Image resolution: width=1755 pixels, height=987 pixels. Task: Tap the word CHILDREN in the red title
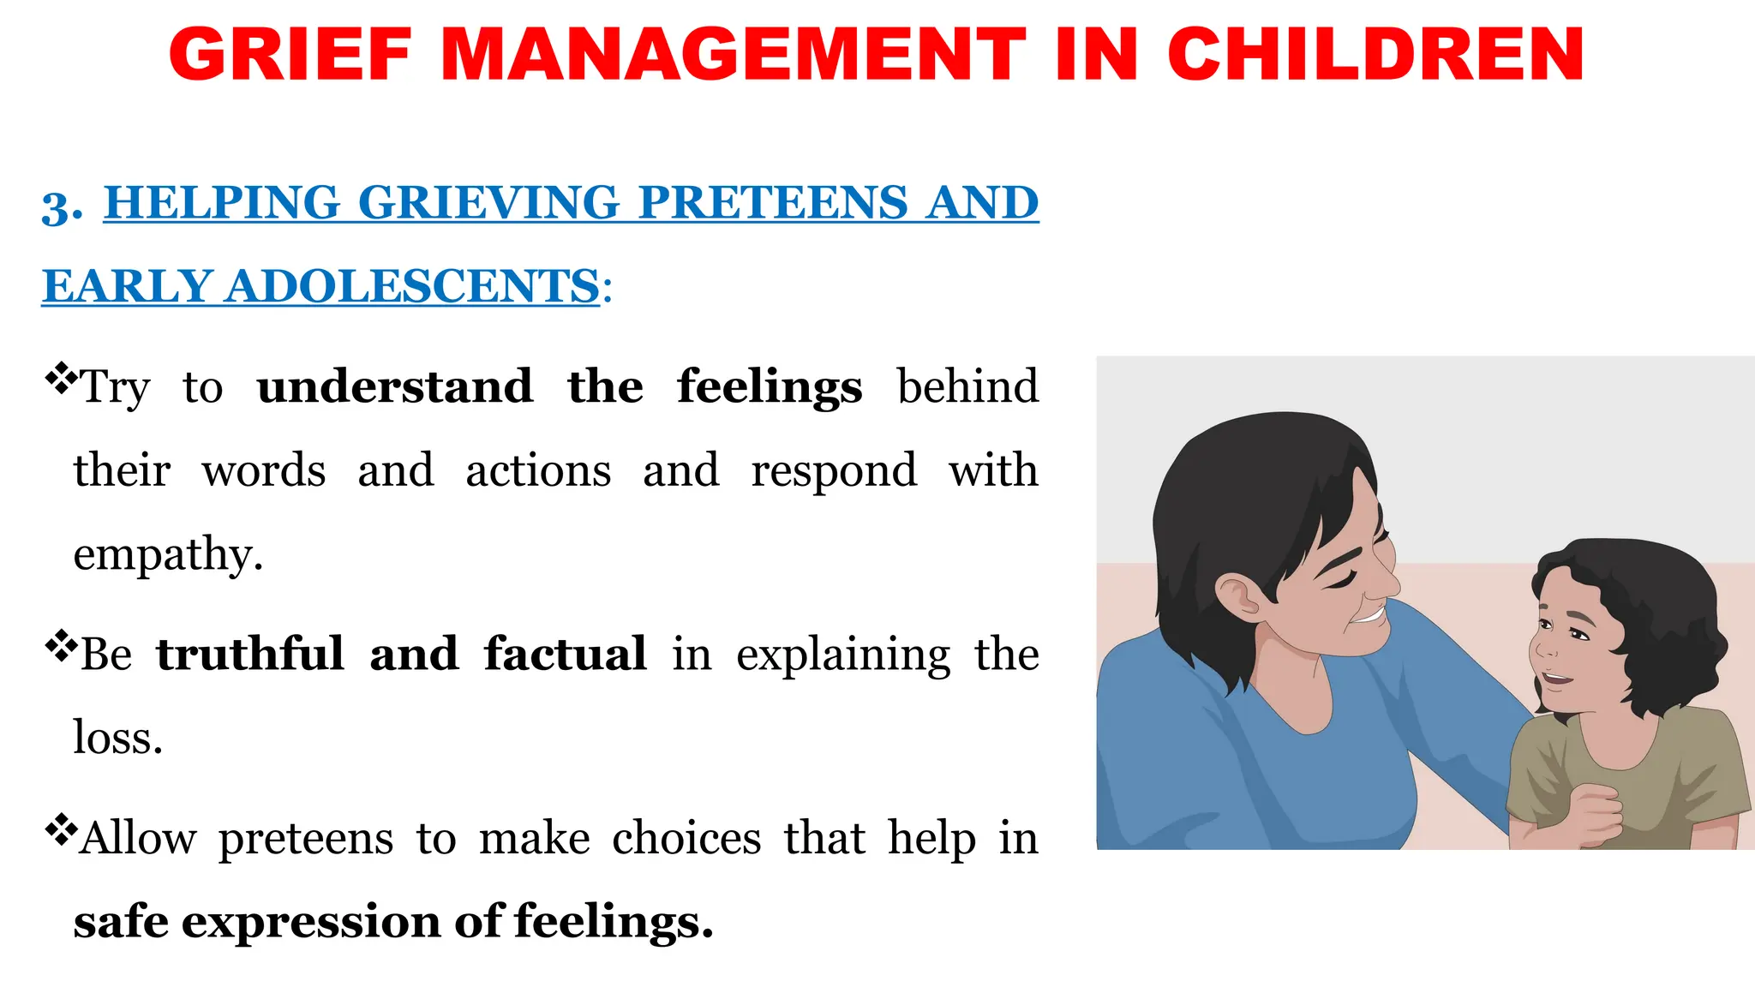point(1375,55)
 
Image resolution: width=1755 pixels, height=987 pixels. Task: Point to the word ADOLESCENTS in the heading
point(412,286)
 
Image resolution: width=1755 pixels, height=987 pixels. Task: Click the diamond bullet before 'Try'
point(60,378)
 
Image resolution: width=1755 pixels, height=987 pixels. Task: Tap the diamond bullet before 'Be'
point(60,645)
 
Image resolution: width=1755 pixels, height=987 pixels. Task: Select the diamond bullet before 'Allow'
point(60,829)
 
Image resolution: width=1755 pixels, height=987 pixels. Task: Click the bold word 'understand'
point(394,386)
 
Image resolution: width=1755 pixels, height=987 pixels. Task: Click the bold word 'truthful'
point(250,655)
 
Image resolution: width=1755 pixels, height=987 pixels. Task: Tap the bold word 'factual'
point(565,655)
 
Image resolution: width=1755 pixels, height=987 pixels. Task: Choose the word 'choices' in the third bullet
point(686,838)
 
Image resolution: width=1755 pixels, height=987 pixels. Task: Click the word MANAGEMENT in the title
point(734,55)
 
